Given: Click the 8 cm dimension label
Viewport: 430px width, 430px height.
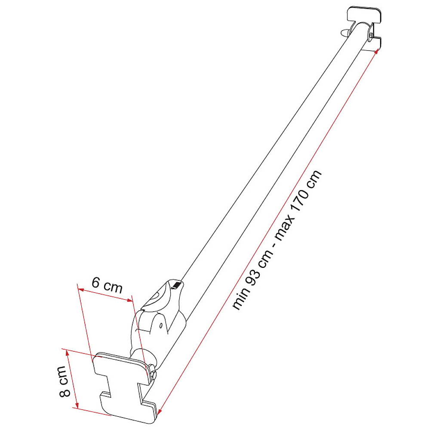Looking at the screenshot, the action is tap(65, 381).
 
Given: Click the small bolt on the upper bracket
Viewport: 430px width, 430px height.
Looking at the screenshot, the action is tap(371, 35).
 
